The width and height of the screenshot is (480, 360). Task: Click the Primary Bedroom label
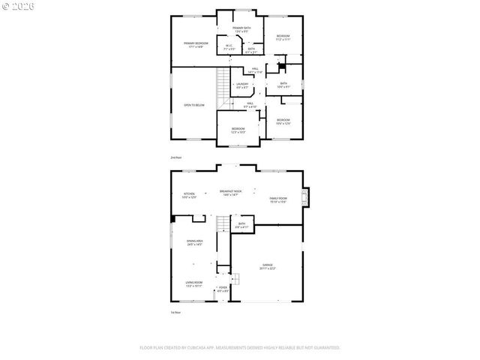196,43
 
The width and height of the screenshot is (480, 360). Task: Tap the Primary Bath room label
241,29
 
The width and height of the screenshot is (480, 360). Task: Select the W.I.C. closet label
230,46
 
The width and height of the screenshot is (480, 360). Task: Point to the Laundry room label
241,85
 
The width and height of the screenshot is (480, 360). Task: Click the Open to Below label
194,105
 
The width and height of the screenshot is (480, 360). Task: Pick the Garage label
268,267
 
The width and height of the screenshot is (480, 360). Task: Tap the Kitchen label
188,195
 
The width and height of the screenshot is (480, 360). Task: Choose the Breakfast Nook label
230,193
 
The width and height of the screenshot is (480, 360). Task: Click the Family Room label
279,199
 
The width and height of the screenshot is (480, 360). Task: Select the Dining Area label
195,243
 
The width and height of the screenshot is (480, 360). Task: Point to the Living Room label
194,283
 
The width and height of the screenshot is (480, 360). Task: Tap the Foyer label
222,289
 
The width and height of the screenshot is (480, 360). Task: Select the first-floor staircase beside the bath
222,223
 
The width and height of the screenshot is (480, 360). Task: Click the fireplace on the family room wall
304,197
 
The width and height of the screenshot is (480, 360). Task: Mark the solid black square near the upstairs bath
282,66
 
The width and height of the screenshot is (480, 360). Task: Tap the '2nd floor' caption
176,157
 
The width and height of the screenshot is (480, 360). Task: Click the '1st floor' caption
175,312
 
